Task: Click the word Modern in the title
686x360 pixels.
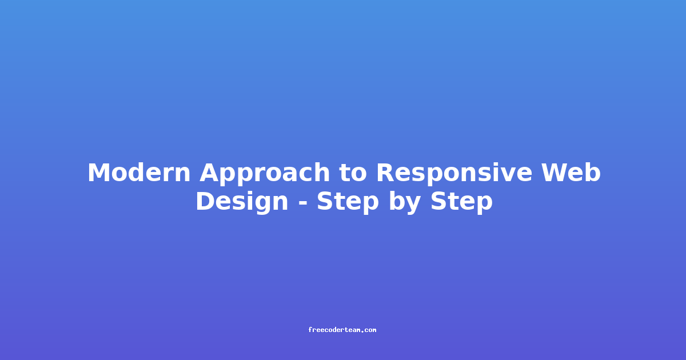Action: [x=139, y=173]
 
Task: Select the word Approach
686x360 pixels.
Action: [x=265, y=174]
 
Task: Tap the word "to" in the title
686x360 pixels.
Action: [x=353, y=173]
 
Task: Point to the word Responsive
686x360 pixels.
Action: [x=454, y=174]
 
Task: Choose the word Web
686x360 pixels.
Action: [x=571, y=173]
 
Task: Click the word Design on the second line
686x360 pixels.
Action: [x=242, y=202]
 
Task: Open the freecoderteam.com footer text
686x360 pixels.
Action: [x=342, y=330]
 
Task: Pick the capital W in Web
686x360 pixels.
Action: [x=556, y=173]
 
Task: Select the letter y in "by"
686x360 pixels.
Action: [x=413, y=206]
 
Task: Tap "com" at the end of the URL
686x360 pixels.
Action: [x=370, y=330]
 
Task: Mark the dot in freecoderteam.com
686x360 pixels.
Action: [x=362, y=331]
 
